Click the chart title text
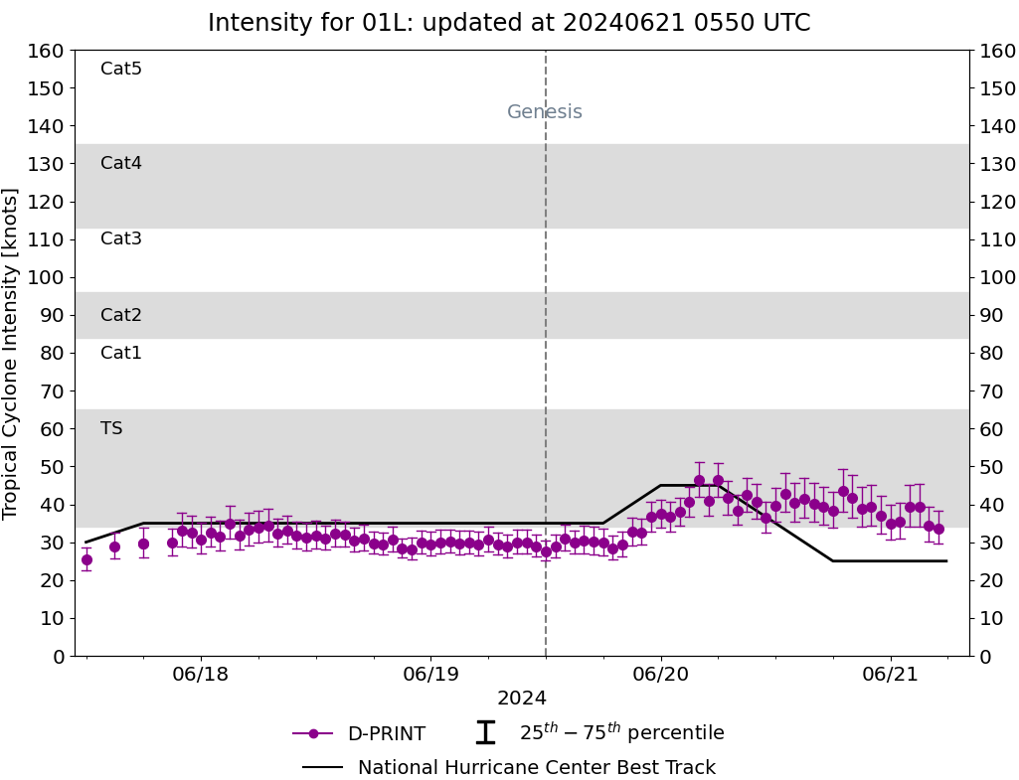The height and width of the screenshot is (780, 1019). [509, 23]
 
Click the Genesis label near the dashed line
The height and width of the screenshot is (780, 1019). [545, 111]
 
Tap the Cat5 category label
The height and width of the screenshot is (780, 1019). [121, 69]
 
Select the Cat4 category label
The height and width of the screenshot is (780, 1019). [121, 162]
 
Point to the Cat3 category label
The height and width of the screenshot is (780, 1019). [121, 238]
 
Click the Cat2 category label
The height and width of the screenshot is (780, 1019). [121, 314]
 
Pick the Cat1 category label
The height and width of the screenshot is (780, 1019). [121, 352]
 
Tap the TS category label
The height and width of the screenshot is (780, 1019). [111, 428]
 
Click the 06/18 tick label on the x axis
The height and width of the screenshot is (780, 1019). [200, 674]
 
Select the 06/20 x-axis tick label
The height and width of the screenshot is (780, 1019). [661, 674]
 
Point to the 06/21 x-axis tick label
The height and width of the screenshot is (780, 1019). [891, 674]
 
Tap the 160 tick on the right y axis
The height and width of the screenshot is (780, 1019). [997, 51]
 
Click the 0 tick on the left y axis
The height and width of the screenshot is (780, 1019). [60, 657]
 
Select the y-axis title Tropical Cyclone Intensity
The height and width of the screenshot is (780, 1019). [10, 354]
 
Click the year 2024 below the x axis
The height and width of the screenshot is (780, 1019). [522, 699]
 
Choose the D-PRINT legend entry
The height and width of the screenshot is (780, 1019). [359, 733]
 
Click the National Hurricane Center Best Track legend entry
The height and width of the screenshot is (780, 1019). [509, 767]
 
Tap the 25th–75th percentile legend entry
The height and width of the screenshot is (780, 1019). [599, 732]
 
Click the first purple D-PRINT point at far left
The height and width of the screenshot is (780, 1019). [86, 559]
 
